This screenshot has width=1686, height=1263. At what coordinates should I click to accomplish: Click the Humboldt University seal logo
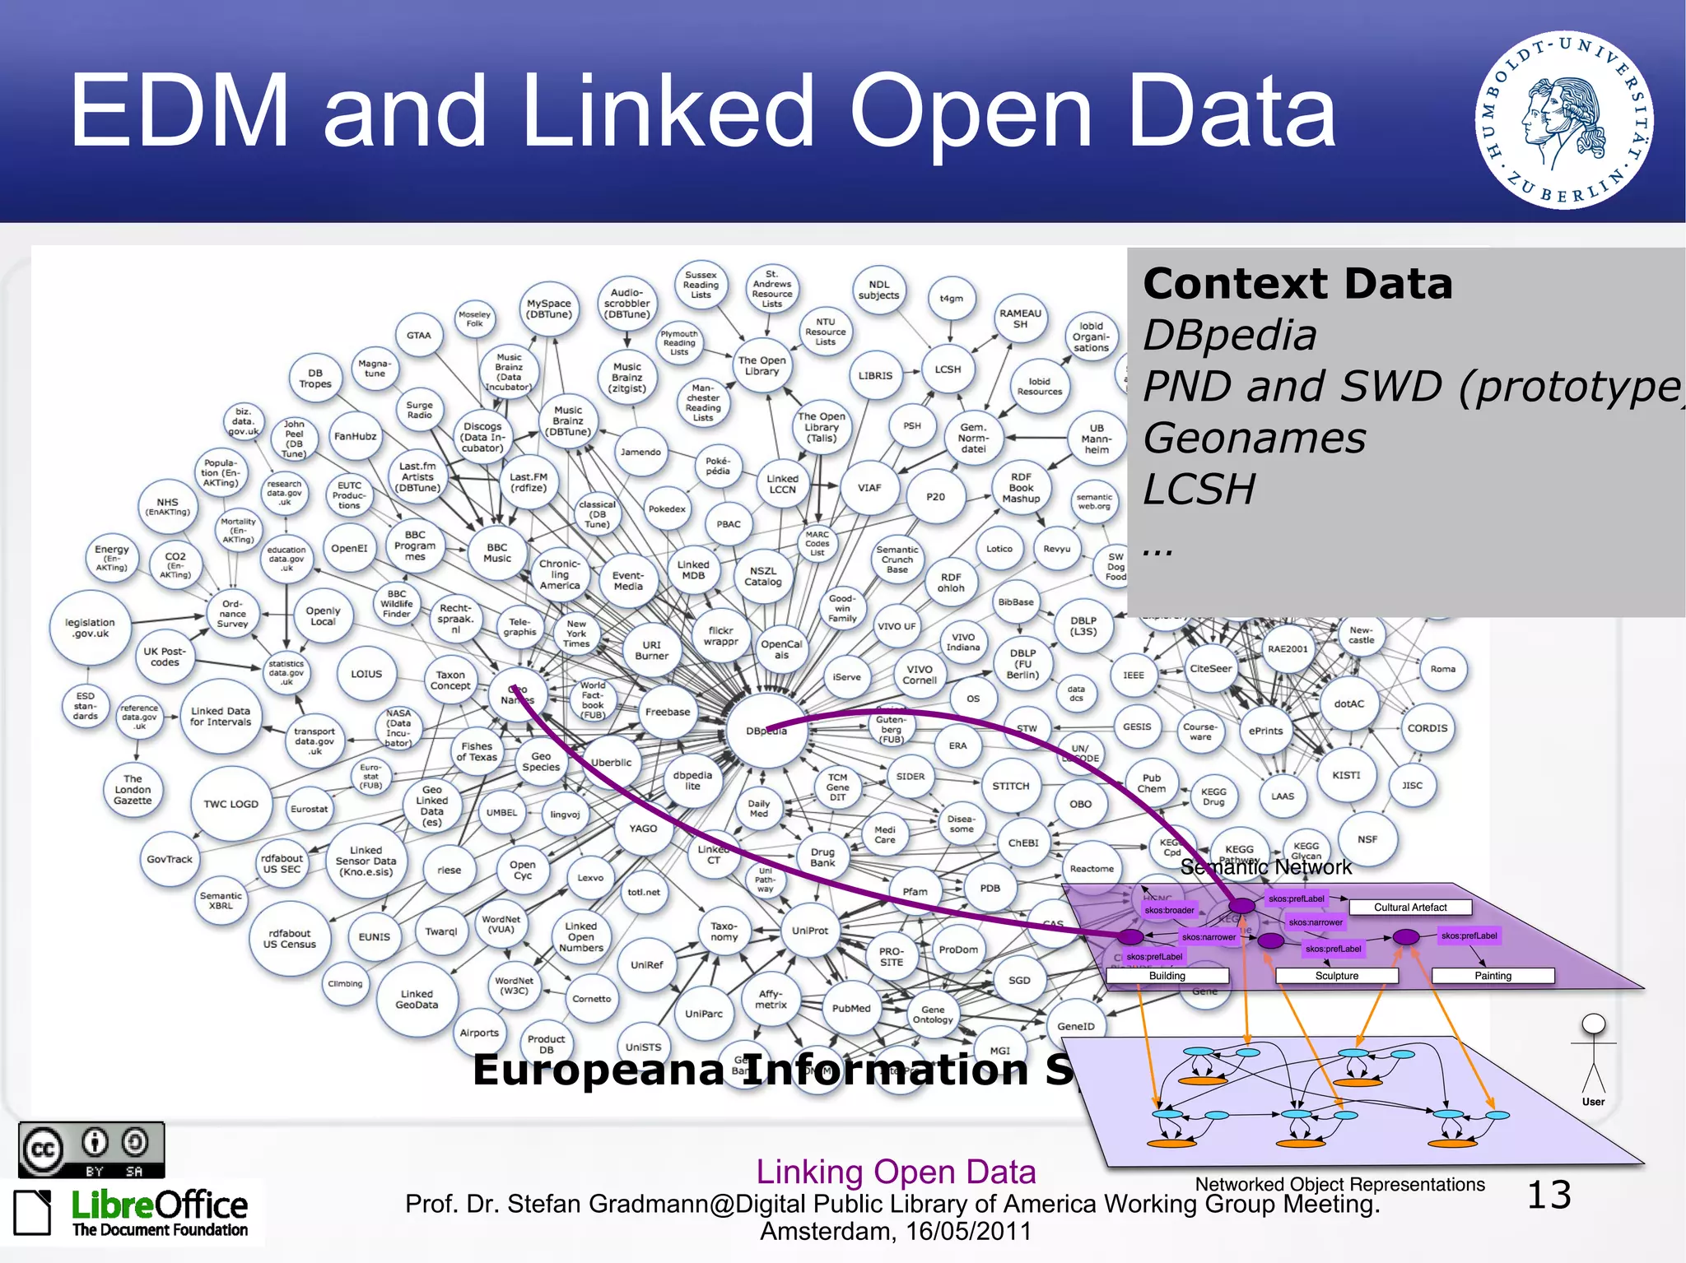coord(1563,120)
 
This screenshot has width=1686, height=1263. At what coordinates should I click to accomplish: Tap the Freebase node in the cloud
coord(668,713)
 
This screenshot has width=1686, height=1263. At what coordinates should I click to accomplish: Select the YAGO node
coord(643,829)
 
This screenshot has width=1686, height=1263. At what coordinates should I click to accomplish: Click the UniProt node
coord(810,931)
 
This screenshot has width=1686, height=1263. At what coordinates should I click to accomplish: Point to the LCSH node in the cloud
coord(948,369)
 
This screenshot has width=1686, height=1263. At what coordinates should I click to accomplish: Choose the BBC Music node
coord(497,553)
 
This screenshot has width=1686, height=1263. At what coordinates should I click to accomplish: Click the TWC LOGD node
coord(231,804)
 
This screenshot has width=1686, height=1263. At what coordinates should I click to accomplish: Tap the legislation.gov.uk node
coord(90,628)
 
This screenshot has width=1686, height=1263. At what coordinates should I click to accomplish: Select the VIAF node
coord(869,488)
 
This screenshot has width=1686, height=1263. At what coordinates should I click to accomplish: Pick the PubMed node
coord(850,1008)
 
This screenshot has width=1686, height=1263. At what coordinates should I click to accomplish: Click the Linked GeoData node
coord(417,999)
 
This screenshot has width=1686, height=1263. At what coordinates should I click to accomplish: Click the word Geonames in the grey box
coord(1254,438)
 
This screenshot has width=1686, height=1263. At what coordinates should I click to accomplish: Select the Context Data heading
coord(1297,284)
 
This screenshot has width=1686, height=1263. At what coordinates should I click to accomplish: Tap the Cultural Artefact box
coord(1409,908)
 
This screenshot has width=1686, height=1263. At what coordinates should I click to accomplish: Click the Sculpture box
coord(1336,976)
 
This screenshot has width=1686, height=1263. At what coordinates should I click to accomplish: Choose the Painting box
coord(1493,976)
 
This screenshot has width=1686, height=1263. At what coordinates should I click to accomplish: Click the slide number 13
coord(1549,1195)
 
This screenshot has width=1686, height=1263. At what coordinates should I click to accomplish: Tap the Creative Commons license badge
coord(91,1149)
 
